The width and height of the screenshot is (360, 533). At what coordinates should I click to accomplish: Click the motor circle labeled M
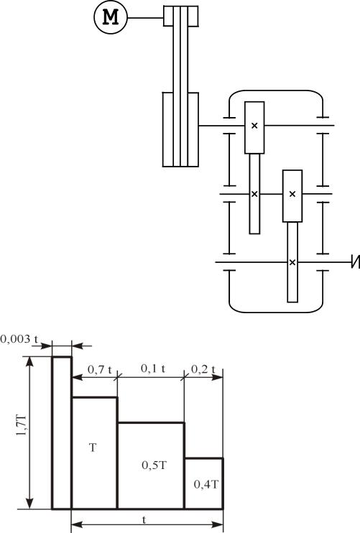pos(111,17)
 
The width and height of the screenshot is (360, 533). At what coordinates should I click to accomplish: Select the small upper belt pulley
pos(181,16)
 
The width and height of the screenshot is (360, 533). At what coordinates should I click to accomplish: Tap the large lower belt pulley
pos(180,129)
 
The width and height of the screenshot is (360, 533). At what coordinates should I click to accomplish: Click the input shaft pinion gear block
pos(254,127)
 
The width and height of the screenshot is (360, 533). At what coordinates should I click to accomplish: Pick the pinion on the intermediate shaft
pos(292,196)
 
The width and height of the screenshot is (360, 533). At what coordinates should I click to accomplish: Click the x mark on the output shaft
pos(292,262)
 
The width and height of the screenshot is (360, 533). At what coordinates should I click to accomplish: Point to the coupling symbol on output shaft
pos(356,262)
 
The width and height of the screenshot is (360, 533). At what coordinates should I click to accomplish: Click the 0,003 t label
pos(19,339)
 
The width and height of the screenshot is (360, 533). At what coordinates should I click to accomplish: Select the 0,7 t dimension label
pos(100,369)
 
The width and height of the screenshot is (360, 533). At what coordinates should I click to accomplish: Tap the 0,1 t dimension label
pos(153,368)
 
